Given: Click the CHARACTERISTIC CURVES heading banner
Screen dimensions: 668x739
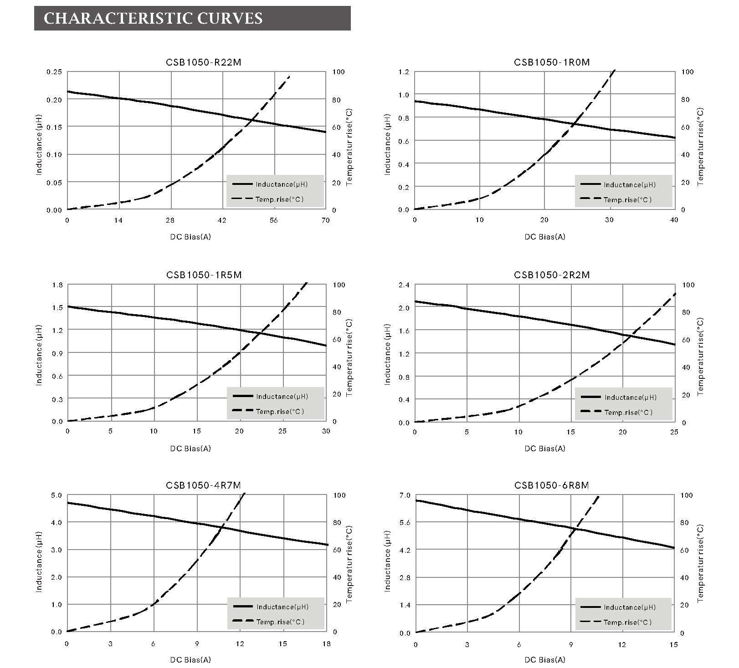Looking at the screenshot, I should coord(192,18).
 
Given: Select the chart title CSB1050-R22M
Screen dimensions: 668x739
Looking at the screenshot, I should coord(204,62).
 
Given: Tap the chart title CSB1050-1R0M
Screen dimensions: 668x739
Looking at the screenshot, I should coord(551,62).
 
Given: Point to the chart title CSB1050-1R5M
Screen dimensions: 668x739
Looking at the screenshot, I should coord(204,275).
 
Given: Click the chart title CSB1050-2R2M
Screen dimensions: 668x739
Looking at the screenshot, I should coord(551,275).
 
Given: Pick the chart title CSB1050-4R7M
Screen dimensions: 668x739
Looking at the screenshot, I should coord(203,485).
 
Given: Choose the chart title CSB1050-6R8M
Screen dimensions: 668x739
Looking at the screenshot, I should coord(551,485).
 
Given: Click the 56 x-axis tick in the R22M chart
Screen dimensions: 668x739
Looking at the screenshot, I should coord(273,220).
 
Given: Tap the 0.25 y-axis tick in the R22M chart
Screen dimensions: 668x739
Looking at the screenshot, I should coord(54,72).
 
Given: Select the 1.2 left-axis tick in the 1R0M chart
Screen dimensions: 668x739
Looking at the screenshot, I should coord(404,72).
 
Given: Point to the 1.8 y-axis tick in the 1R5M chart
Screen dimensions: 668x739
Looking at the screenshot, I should coord(57,285).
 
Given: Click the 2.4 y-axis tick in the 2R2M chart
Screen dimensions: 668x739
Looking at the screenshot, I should coord(404,285).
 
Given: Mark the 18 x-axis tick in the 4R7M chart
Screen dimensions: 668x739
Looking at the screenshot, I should coord(326,644).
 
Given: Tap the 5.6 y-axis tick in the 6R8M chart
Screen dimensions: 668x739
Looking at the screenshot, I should coord(405,523).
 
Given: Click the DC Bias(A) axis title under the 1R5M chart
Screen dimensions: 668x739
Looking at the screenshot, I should coord(190,449).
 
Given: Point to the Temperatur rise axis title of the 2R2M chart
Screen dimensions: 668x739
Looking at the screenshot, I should coord(700,357).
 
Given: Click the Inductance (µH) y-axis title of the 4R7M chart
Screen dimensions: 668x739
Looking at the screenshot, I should coord(39,561).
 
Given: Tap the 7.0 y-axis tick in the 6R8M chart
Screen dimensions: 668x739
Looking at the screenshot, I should coord(405,495).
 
